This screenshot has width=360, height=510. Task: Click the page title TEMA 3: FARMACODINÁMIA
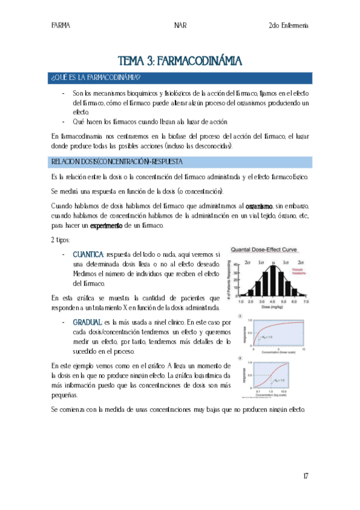(180, 61)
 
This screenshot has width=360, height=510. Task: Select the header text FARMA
(60, 26)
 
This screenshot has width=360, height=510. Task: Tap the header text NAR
(180, 26)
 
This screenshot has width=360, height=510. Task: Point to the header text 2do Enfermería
(288, 26)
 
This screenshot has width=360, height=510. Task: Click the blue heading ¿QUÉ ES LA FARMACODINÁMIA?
(96, 78)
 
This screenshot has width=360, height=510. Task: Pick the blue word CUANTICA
(88, 254)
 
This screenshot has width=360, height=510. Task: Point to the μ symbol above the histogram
(273, 263)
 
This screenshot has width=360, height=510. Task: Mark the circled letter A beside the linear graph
(240, 316)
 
